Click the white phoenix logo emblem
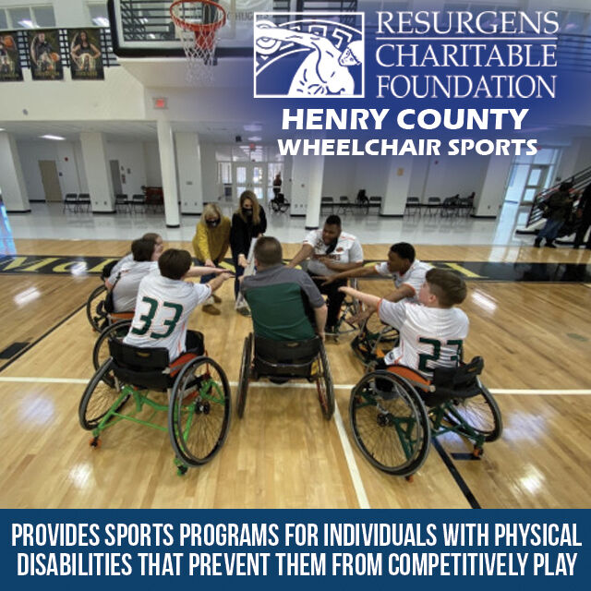click(308, 55)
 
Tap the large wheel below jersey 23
click(389, 422)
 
